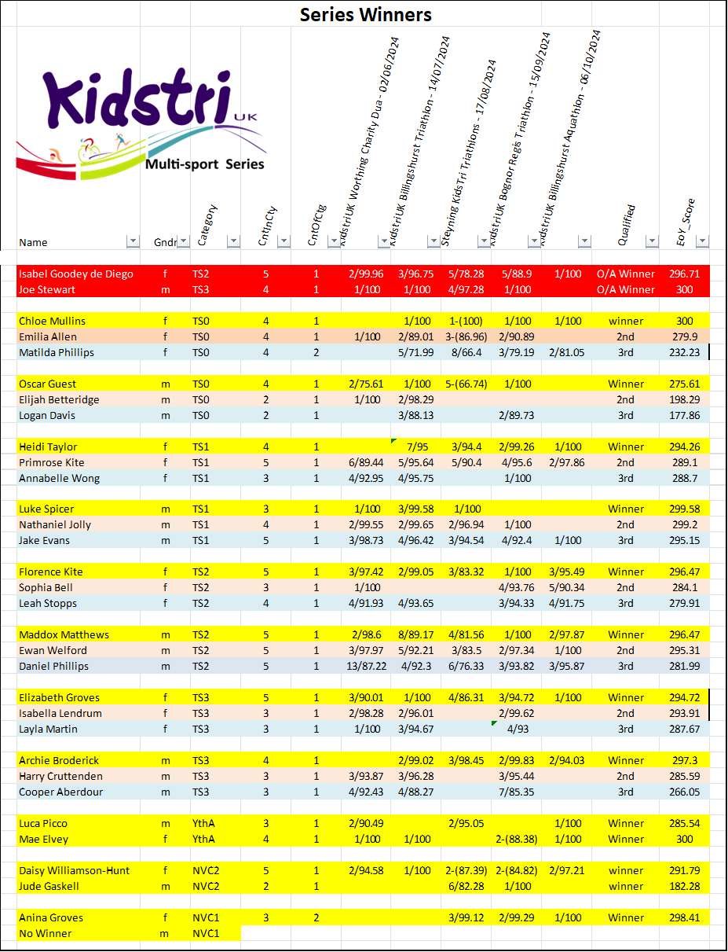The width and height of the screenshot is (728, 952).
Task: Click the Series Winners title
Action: coord(365,14)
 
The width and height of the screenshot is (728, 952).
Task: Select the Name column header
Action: coord(34,242)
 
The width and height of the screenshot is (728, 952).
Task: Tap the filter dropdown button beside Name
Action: coord(133,241)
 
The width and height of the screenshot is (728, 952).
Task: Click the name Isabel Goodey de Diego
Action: coord(76,274)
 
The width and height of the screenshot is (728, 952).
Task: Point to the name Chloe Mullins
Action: coord(53,321)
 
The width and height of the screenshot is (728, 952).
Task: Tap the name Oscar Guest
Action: coord(48,384)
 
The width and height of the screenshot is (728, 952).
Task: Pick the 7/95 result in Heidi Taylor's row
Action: coord(416,447)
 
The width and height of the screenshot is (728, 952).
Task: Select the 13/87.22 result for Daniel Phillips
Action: coord(366,666)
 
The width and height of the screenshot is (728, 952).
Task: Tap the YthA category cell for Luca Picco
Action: coord(204,823)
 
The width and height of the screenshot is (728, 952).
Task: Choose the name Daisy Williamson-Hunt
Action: coord(75,870)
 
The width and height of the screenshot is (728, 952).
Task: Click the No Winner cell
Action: coord(46,933)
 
